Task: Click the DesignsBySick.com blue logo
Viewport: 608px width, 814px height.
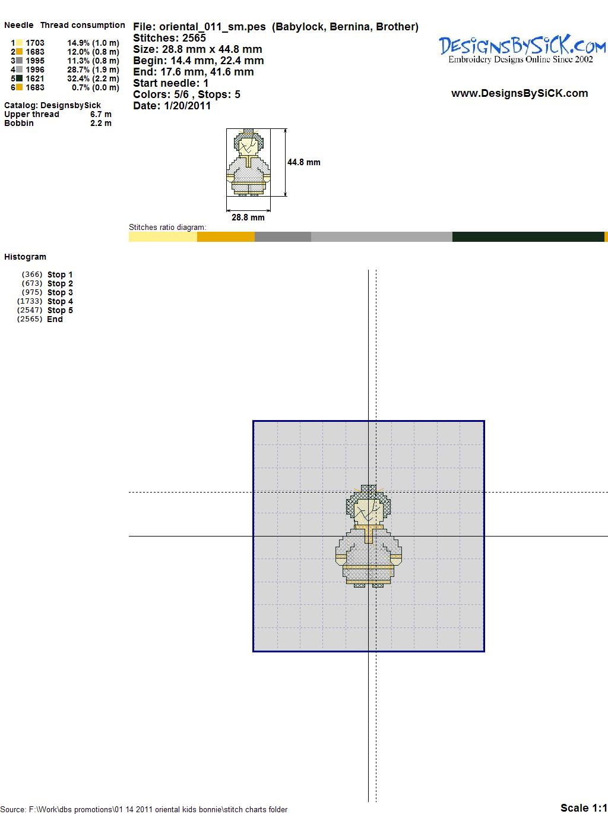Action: pos(522,49)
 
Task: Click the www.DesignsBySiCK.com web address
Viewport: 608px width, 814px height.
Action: pos(520,93)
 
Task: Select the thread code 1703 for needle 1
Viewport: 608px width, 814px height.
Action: pos(35,43)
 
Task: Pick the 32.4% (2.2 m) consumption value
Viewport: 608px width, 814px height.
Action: pos(93,78)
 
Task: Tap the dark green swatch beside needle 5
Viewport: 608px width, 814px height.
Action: pos(19,78)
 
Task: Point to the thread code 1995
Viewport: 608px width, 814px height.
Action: pos(35,61)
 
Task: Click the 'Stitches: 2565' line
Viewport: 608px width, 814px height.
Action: pos(169,38)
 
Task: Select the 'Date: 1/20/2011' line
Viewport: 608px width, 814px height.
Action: pos(172,106)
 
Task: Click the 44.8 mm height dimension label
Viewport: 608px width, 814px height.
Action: pos(304,162)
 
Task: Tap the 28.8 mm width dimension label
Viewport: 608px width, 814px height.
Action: pos(248,217)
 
